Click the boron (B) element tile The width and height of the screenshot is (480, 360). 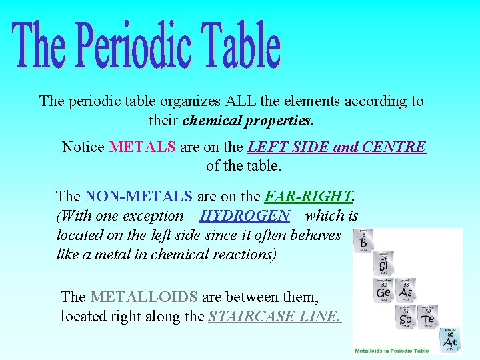click(x=363, y=241)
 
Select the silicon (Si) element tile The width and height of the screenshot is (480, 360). click(x=384, y=264)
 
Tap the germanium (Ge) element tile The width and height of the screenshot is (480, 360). click(x=384, y=291)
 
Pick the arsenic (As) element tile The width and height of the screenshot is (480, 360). click(x=405, y=291)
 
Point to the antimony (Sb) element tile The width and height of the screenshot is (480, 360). click(x=406, y=317)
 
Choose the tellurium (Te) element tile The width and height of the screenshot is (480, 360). click(x=427, y=317)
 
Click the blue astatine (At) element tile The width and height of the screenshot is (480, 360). click(x=450, y=339)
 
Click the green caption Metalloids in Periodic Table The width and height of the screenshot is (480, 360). click(x=391, y=350)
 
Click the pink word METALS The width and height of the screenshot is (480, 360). click(x=142, y=147)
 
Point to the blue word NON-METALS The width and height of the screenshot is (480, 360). click(x=139, y=196)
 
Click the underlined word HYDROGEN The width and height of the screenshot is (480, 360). click(x=245, y=215)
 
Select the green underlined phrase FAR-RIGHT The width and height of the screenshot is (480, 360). click(x=309, y=196)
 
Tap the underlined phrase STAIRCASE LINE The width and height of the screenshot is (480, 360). click(x=275, y=316)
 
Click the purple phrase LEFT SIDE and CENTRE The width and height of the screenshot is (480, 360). click(x=336, y=147)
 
